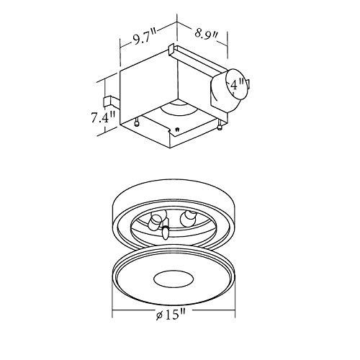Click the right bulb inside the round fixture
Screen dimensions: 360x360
point(190,217)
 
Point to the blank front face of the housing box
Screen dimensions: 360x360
point(144,90)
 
